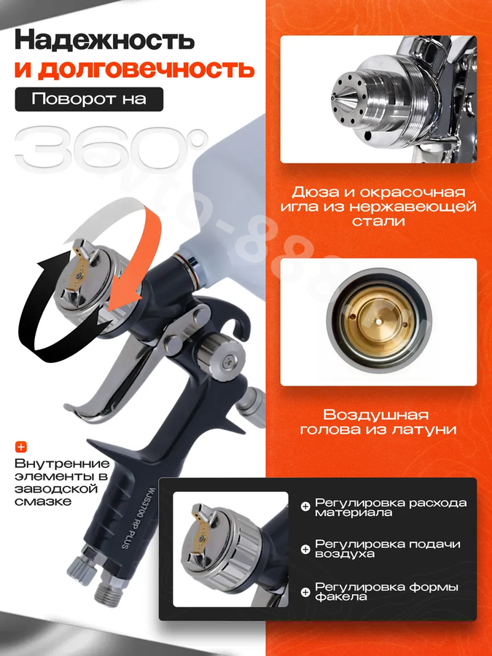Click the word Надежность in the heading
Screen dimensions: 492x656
(104, 41)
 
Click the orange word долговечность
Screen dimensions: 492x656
(134, 69)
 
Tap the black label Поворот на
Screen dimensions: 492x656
(89, 99)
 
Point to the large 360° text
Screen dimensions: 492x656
(112, 149)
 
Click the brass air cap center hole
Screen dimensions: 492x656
(378, 323)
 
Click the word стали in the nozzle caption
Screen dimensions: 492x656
(378, 220)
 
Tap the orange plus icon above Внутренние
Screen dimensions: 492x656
(21, 447)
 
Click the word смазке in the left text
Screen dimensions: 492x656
(43, 501)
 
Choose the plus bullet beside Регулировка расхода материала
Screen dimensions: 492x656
(306, 507)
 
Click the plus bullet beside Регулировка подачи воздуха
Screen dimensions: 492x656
(306, 549)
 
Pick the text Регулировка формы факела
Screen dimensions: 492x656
(386, 592)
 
